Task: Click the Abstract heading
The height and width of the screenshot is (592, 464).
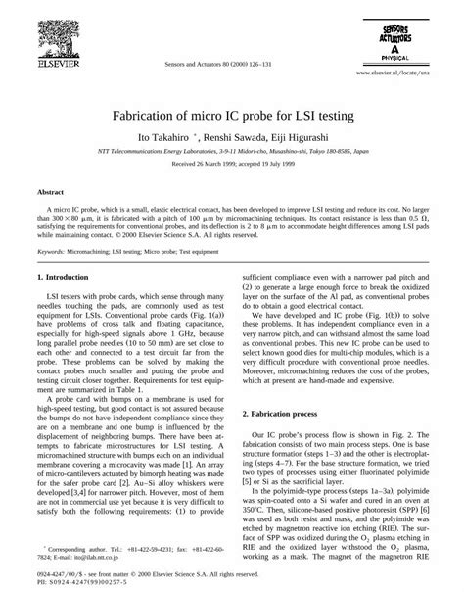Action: [51, 194]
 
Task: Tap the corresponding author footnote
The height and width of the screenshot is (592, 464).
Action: [129, 551]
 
